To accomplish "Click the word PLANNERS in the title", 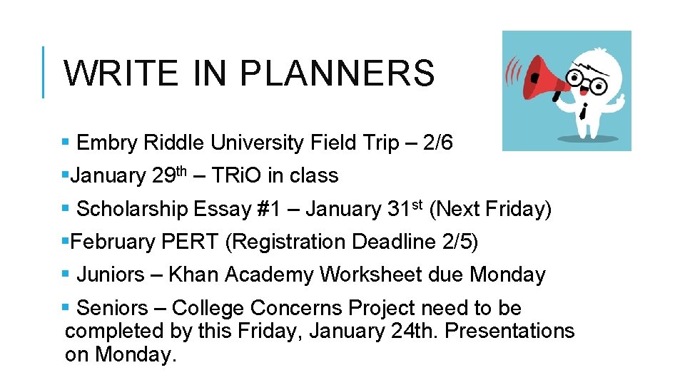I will click(x=337, y=73).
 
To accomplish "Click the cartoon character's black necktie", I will click(x=583, y=110).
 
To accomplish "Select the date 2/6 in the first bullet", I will click(x=437, y=143).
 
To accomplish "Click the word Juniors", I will click(x=110, y=275).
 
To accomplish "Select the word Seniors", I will click(x=111, y=309).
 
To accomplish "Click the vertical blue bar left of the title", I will click(x=44, y=72).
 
